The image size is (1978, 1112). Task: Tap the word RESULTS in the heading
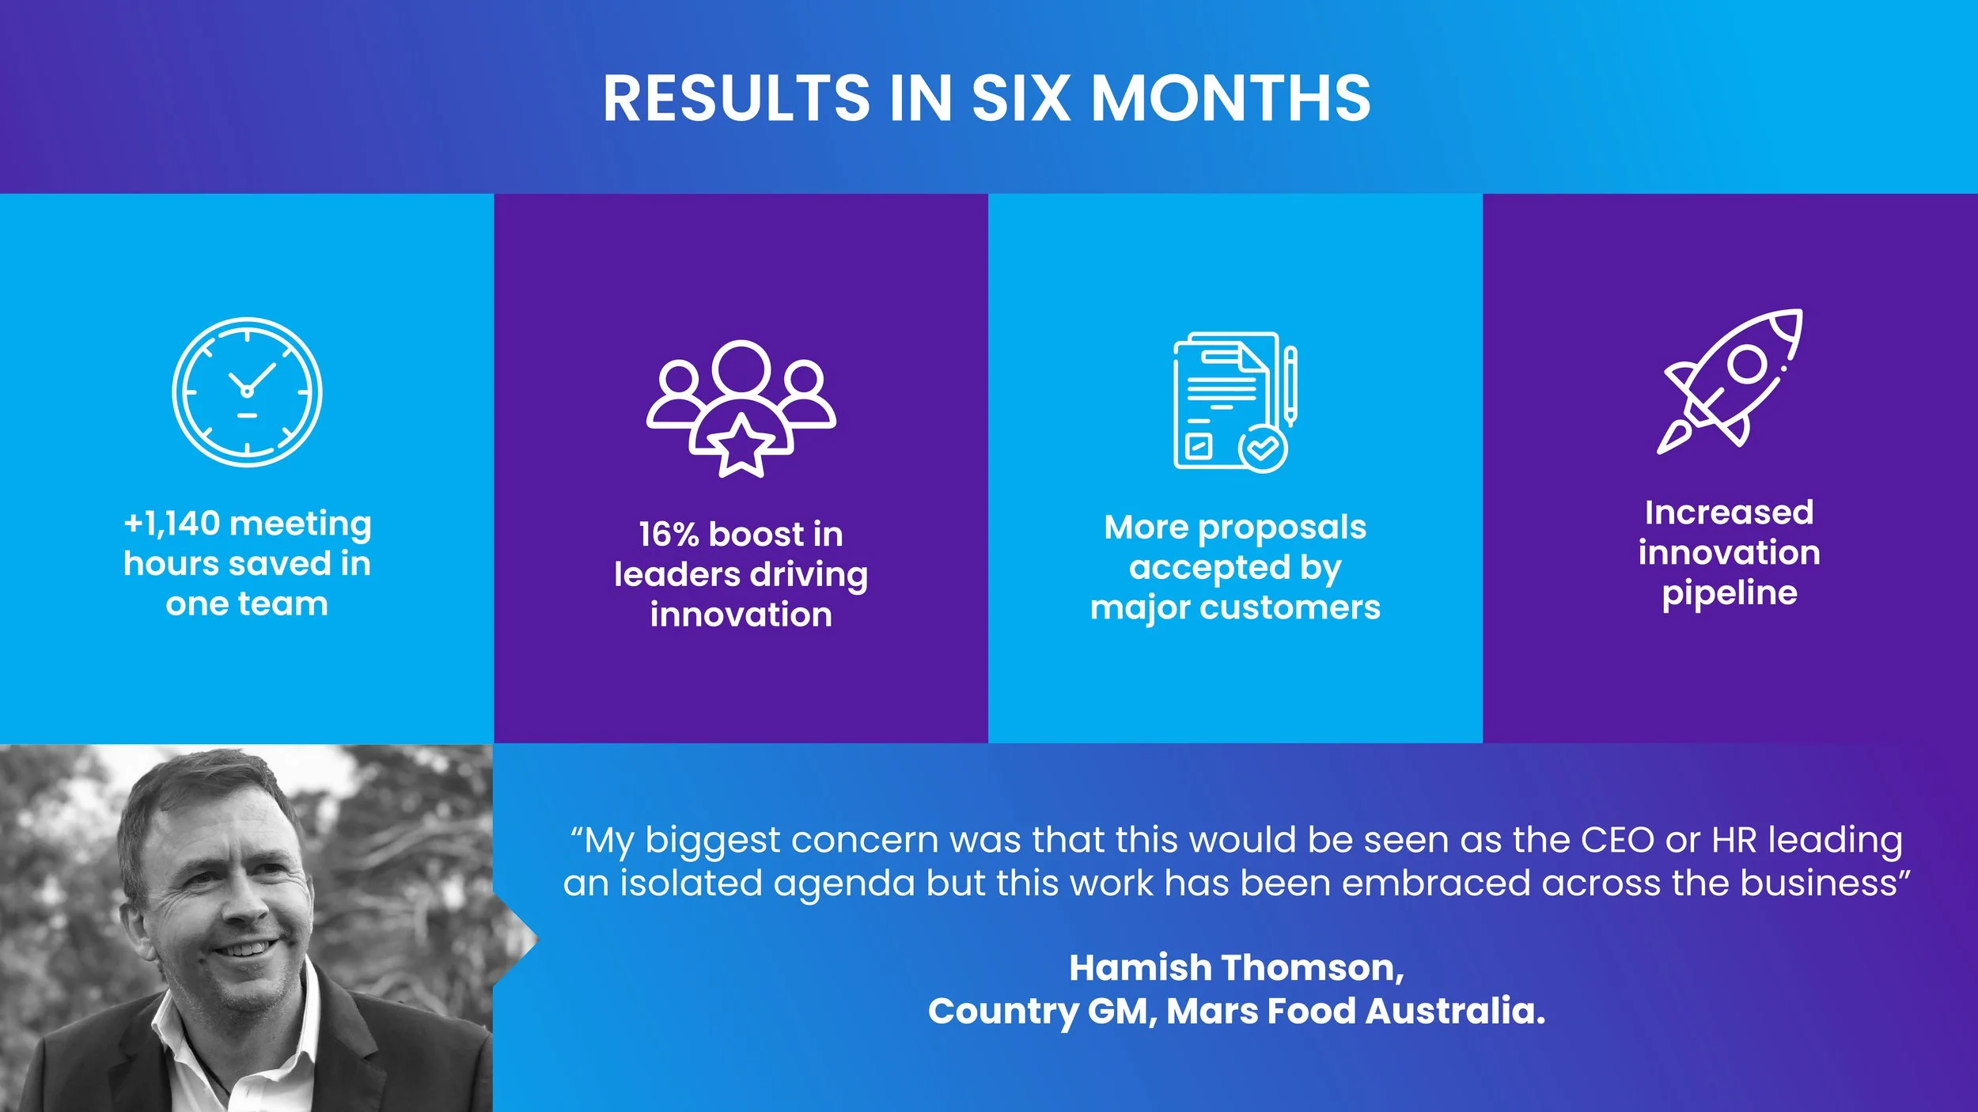[736, 99]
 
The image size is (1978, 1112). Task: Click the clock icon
[247, 391]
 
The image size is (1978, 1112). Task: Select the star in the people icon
[741, 447]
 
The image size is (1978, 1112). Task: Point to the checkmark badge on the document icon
[1263, 448]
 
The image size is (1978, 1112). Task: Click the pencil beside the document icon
[1290, 386]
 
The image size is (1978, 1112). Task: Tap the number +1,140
[172, 524]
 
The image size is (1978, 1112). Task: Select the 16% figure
[669, 535]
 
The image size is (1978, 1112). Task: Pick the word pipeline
[1730, 593]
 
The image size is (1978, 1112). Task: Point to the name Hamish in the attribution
[1140, 968]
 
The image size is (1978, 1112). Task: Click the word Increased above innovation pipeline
[1729, 513]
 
